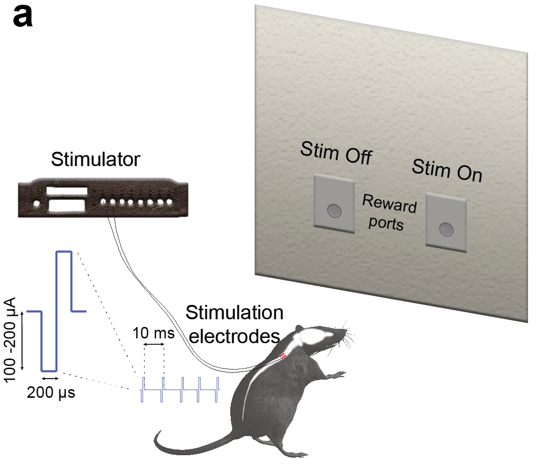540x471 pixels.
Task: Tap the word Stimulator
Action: (x=96, y=159)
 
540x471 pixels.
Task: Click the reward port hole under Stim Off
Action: (x=334, y=209)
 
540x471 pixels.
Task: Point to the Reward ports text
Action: (x=389, y=213)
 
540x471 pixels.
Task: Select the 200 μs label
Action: (x=51, y=393)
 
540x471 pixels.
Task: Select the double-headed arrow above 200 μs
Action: (x=49, y=379)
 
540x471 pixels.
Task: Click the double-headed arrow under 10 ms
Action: (x=154, y=344)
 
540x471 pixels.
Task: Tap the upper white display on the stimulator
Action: (x=67, y=191)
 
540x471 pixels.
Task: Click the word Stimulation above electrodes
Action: (x=235, y=313)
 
